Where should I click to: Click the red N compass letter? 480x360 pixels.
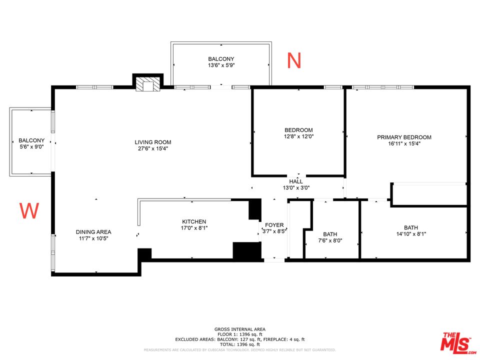coord(294,60)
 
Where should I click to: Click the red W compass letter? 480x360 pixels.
coord(29,211)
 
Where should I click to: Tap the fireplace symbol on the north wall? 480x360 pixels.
coord(148,84)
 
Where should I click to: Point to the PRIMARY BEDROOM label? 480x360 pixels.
coord(404,137)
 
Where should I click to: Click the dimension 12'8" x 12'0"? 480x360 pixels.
coord(298,136)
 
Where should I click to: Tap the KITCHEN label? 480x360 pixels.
coord(194,221)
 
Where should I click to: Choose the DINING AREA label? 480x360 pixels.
coord(93,232)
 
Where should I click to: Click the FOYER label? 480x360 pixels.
coord(274,225)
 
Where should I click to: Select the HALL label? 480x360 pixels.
coord(296,181)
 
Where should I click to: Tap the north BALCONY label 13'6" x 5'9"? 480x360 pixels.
coord(221,59)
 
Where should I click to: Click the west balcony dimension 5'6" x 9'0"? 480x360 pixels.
coord(31,146)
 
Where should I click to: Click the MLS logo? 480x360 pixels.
coord(456,342)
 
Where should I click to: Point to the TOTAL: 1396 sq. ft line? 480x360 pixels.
coord(239,344)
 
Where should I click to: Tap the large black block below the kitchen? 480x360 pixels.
coord(246,250)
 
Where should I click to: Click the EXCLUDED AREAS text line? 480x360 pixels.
coord(239,339)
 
